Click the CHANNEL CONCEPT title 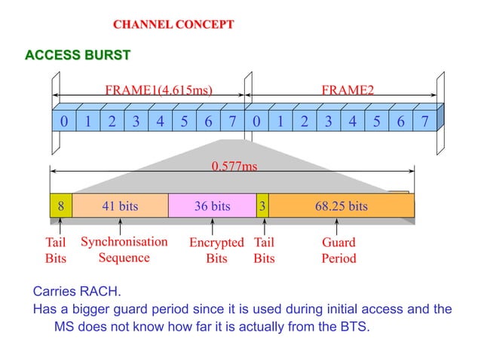[173, 25]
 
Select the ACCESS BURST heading [78, 55]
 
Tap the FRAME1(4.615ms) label [158, 90]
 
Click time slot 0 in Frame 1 [63, 121]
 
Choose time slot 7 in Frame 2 [424, 121]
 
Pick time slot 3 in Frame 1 [136, 121]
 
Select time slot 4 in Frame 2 [352, 121]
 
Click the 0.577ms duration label [234, 166]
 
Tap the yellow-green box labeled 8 [61, 206]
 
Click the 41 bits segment [120, 206]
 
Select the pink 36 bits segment [212, 206]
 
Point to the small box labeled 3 [262, 206]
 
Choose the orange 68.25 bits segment [341, 206]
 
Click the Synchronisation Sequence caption [124, 249]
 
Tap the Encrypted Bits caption [216, 250]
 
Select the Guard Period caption [339, 250]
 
